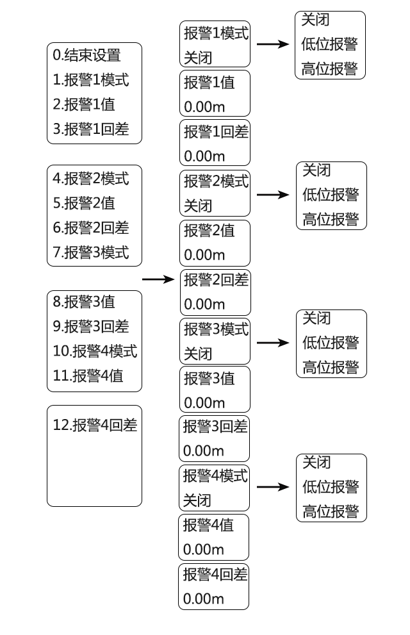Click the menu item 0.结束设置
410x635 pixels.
86,55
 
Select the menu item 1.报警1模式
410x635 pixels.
90,80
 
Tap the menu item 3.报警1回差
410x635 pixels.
90,129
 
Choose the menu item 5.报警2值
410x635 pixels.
84,203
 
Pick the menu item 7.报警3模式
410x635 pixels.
90,252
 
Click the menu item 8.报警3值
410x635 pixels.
84,301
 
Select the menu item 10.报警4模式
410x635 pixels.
95,351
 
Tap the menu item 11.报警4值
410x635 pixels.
88,376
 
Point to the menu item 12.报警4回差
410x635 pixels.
95,425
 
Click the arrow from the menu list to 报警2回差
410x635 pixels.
158,279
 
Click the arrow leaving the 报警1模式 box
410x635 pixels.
273,44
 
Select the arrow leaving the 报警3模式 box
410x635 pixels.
273,343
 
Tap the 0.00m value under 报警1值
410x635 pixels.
204,106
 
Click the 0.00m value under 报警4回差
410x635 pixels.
204,598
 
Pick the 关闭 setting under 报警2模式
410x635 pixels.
198,206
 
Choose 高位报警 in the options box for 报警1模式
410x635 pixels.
329,69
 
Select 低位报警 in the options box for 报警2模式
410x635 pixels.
331,195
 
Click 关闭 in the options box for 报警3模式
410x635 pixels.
316,318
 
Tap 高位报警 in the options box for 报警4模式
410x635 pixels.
331,511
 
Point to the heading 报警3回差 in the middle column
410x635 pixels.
215,426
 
